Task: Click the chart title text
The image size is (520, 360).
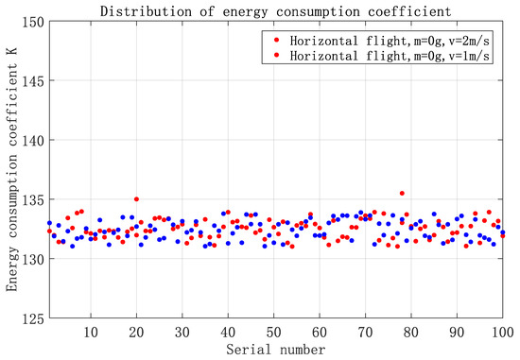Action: click(x=273, y=10)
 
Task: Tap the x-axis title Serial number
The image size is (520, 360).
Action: click(x=274, y=350)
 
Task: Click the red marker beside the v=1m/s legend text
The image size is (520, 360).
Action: click(x=274, y=56)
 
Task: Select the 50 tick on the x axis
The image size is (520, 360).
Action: click(x=273, y=333)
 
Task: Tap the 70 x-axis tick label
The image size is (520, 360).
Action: click(x=365, y=333)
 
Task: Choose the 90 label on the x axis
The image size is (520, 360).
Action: click(x=457, y=333)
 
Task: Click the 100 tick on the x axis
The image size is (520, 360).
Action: click(x=500, y=333)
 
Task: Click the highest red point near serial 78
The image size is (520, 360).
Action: click(x=402, y=194)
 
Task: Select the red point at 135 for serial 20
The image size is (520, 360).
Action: click(x=136, y=199)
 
